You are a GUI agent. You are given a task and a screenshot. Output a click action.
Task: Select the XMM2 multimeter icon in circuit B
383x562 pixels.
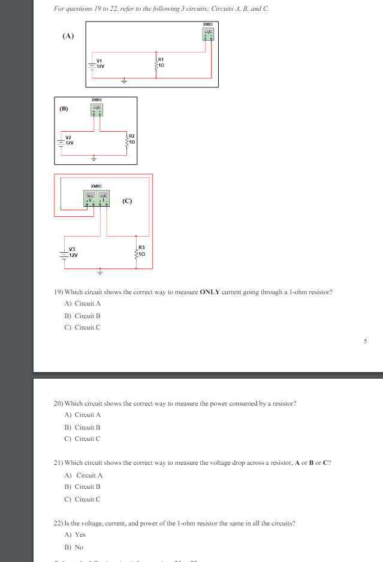(96, 110)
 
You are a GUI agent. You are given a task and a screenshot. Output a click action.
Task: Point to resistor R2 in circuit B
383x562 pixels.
(127, 140)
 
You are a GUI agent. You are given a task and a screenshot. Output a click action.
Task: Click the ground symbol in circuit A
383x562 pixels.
(124, 80)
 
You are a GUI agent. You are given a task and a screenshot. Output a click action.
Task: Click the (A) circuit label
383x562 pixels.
(68, 36)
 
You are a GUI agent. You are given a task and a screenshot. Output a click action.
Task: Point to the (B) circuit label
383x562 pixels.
(64, 109)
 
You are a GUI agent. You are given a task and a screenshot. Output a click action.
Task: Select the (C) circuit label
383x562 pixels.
(128, 201)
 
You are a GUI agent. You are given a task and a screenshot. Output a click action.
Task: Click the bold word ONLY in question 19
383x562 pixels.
(210, 292)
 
